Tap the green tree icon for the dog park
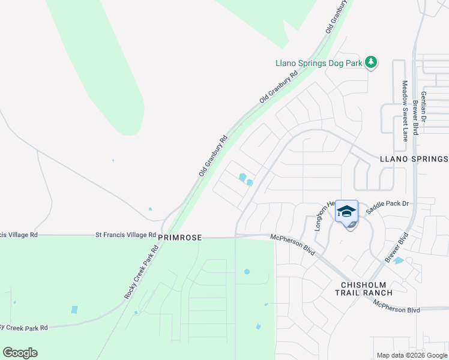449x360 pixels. (x=372, y=62)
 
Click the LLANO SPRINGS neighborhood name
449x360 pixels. (x=414, y=159)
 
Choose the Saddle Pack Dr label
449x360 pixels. (x=391, y=204)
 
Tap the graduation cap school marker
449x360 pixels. (x=346, y=212)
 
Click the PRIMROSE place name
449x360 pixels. (x=178, y=238)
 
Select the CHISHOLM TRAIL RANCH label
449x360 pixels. (x=367, y=288)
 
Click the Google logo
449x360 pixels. (x=20, y=353)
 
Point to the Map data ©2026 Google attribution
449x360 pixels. (x=412, y=355)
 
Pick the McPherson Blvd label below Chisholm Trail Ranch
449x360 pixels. (x=396, y=309)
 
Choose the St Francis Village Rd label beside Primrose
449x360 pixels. (x=125, y=235)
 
